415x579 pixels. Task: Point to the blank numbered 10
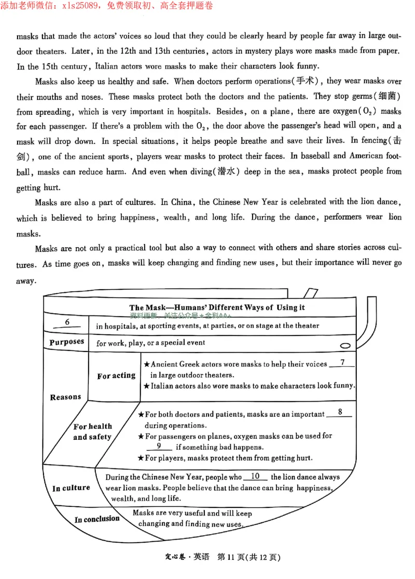255,476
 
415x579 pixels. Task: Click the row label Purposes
66,342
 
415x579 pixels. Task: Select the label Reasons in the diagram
65,397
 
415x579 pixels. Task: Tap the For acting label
116,375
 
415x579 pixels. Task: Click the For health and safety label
92,432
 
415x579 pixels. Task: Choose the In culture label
71,488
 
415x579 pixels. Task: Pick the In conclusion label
97,519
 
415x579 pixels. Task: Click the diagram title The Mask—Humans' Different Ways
217,307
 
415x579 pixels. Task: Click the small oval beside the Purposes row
344,345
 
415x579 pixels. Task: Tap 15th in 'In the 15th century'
49,66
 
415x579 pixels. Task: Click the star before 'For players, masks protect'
141,458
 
